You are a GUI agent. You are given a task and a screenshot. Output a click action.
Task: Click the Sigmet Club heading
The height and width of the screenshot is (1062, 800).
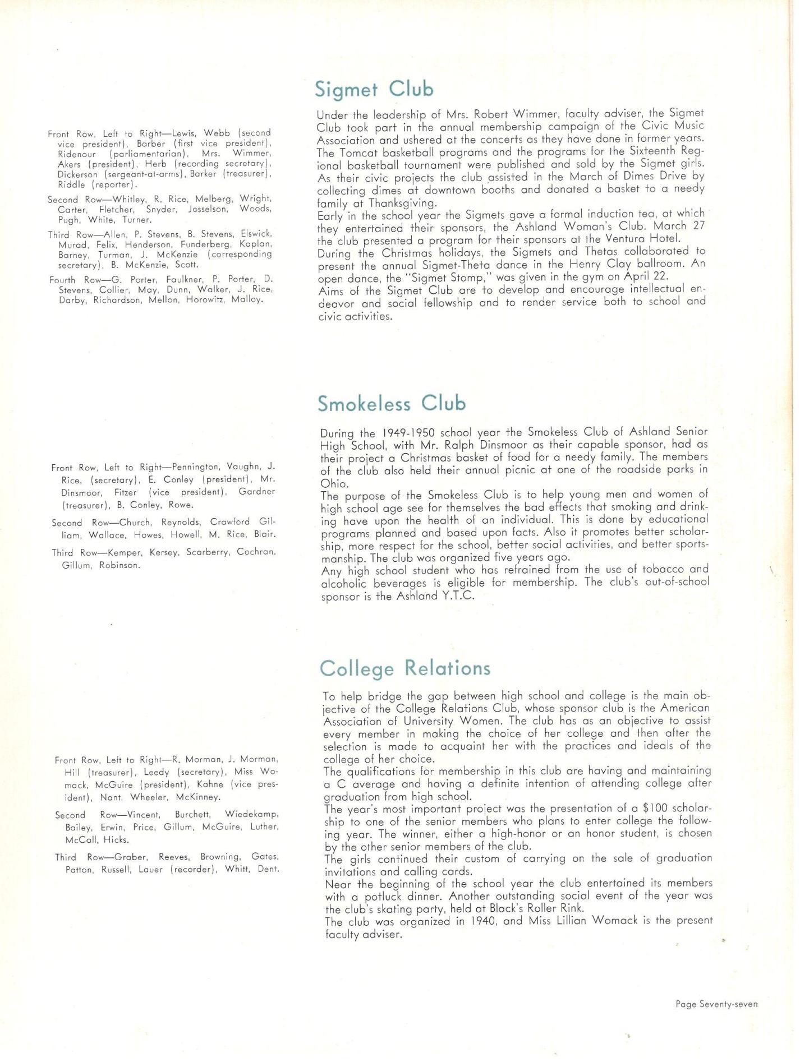pyautogui.click(x=374, y=89)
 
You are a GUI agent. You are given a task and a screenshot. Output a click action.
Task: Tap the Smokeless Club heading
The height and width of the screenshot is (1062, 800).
pyautogui.click(x=391, y=404)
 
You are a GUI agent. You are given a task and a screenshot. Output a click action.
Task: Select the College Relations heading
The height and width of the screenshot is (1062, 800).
pyautogui.click(x=404, y=668)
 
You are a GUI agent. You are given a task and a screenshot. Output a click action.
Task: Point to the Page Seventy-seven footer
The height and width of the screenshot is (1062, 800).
pyautogui.click(x=716, y=1004)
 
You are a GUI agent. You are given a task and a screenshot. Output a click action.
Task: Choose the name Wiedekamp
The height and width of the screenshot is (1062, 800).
pyautogui.click(x=252, y=814)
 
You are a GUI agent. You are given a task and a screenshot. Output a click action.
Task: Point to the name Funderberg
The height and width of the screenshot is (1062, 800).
pyautogui.click(x=208, y=244)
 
